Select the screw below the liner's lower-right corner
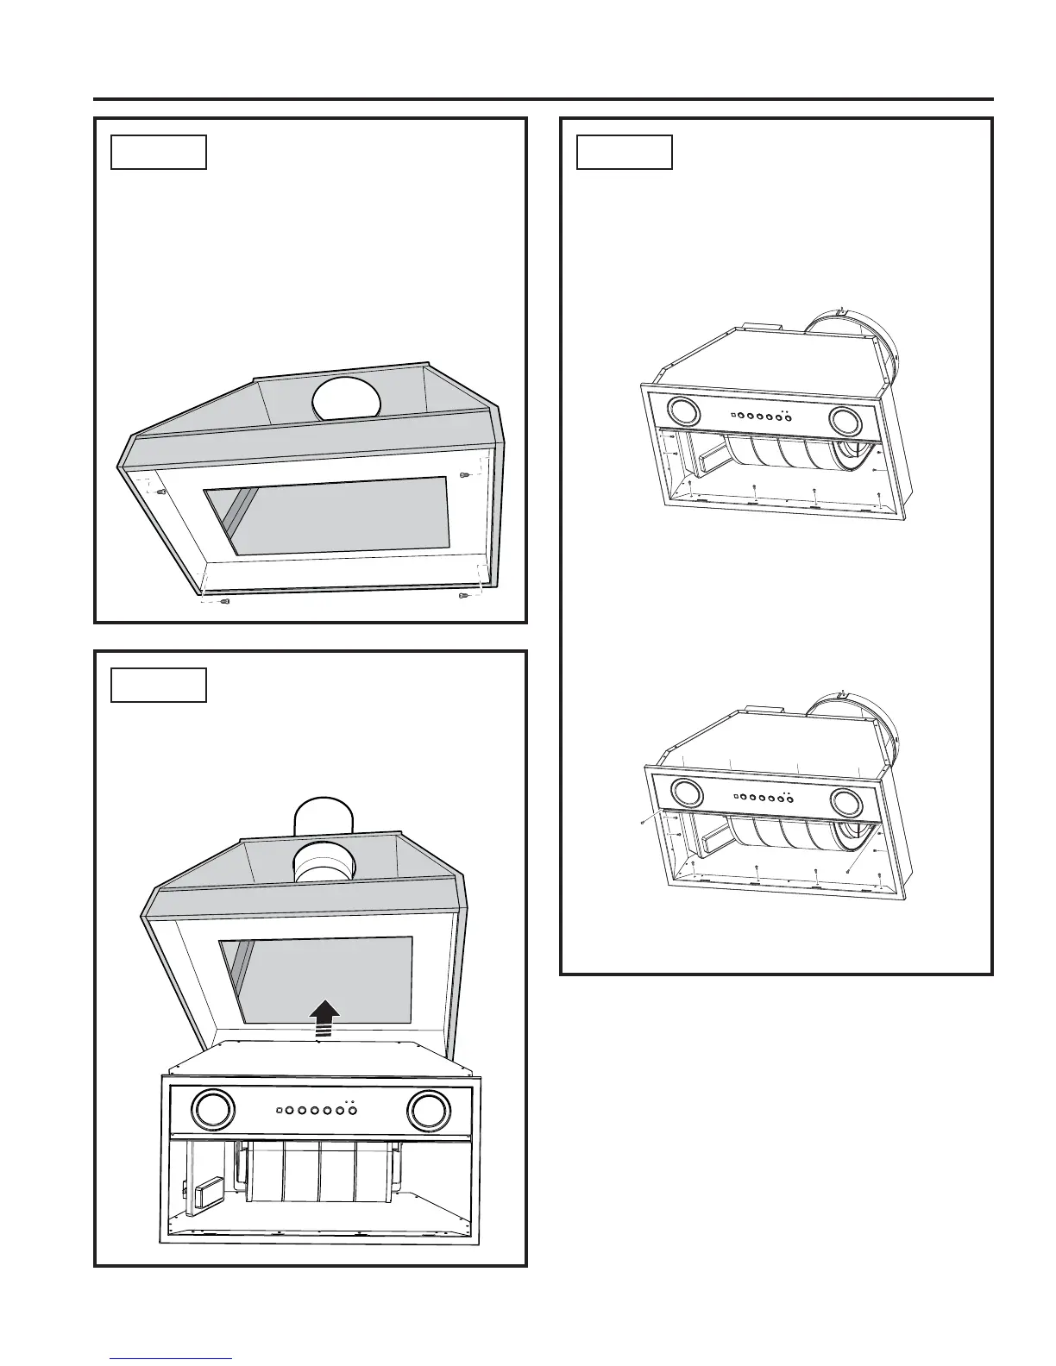pyautogui.click(x=463, y=596)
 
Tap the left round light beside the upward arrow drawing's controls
pyautogui.click(x=211, y=1109)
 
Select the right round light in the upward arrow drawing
pyautogui.click(x=429, y=1109)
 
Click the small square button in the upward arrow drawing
pyautogui.click(x=279, y=1110)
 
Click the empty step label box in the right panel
pyautogui.click(x=624, y=152)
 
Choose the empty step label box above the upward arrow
pyautogui.click(x=159, y=685)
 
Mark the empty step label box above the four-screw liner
pyautogui.click(x=159, y=152)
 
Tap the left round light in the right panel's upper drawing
pyautogui.click(x=685, y=411)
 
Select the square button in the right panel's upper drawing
pyautogui.click(x=732, y=414)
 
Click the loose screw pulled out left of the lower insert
pyautogui.click(x=644, y=824)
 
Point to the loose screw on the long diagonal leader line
pyautogui.click(x=849, y=871)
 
